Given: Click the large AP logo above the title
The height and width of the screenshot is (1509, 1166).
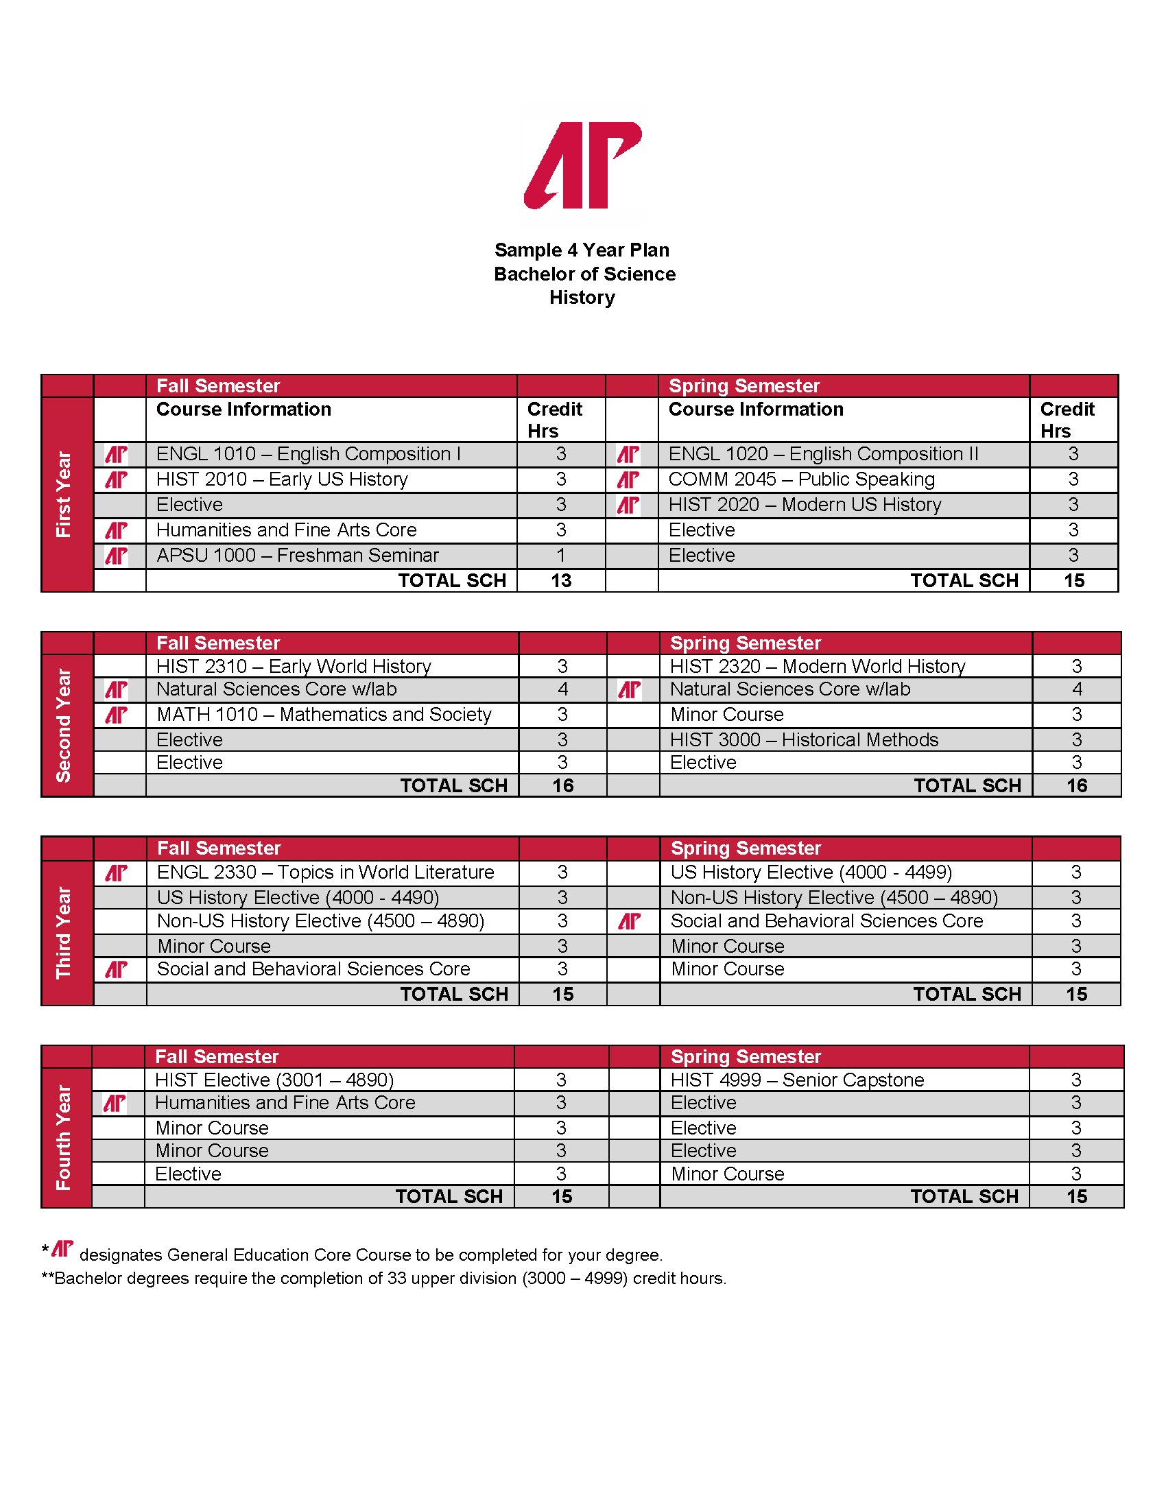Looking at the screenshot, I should (582, 165).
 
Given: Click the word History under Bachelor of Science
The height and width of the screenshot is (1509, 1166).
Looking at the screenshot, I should (582, 298).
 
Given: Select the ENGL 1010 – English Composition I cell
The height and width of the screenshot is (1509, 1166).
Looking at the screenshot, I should (308, 454).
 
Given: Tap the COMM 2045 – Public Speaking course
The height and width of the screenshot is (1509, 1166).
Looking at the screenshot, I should (801, 479).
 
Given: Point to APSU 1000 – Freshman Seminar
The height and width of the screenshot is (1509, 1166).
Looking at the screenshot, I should (297, 556).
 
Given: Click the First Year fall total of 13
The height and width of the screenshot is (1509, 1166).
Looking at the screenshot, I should (561, 581).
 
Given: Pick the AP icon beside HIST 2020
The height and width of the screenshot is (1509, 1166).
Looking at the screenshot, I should (628, 505).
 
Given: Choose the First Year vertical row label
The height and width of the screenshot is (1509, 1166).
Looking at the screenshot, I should (64, 494).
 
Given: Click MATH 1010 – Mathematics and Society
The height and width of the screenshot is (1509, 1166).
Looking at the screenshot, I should (324, 715).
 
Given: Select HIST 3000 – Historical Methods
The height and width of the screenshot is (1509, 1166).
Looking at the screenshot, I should (804, 740).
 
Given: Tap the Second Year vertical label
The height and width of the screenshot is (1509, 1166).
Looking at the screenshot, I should (64, 725).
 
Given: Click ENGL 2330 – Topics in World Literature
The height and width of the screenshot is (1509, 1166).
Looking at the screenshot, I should (325, 872).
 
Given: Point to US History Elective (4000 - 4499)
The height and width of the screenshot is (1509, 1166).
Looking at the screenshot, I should (811, 872).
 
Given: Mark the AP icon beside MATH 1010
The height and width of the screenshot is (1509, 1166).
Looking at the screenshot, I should (116, 715).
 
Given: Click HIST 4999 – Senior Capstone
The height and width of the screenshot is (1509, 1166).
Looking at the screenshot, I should (797, 1080).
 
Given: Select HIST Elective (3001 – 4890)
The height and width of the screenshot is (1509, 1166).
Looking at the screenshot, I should (274, 1080).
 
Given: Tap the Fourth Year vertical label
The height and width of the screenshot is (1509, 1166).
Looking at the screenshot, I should (64, 1137).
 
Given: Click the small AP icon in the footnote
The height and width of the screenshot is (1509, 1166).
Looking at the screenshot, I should (62, 1249).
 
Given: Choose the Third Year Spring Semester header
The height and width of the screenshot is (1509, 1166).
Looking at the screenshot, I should (746, 848).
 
